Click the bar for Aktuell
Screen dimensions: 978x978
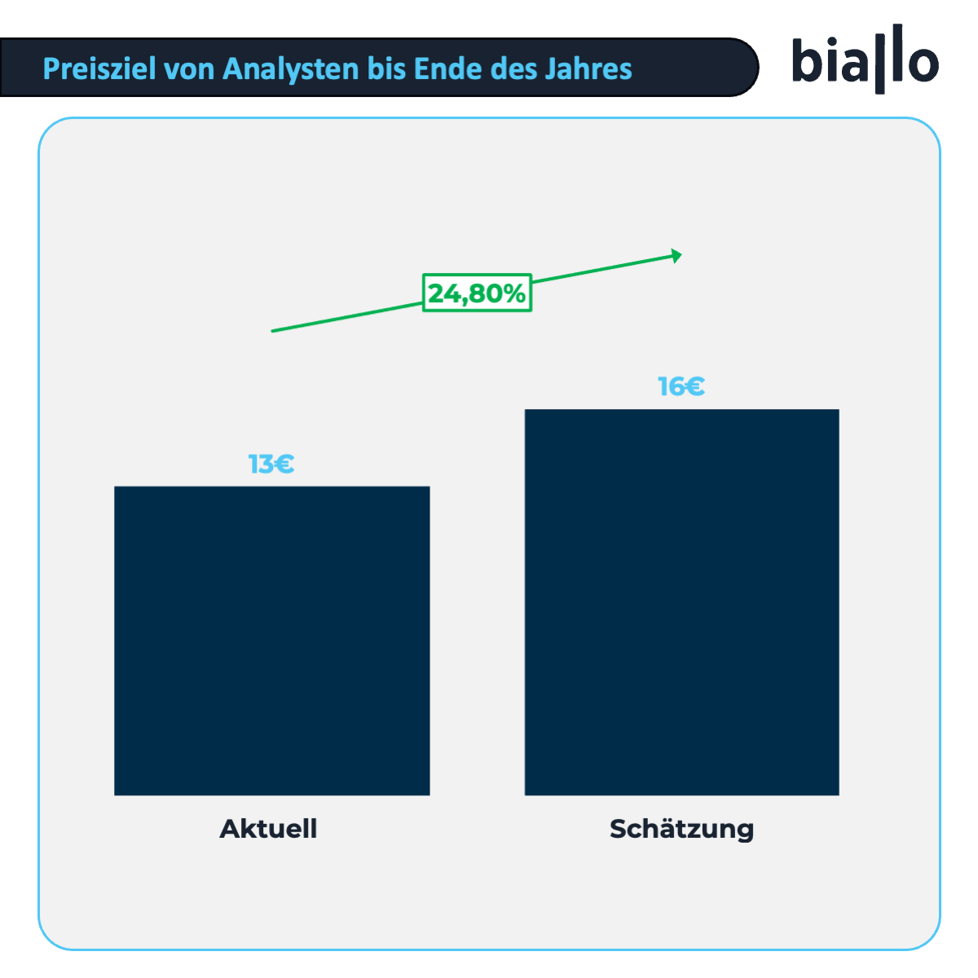[x=271, y=641]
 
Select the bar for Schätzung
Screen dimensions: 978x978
[x=681, y=601]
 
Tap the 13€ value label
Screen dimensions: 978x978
[x=271, y=465]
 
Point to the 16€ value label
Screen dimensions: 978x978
[x=681, y=386]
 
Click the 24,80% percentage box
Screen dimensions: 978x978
[x=477, y=293]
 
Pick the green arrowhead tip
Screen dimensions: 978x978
[x=679, y=256]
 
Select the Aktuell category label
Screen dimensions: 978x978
[x=268, y=829]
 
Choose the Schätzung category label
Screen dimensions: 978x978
[x=681, y=830]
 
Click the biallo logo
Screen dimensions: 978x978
[x=865, y=60]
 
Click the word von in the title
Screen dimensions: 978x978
[x=189, y=68]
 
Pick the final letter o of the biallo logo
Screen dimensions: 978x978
[x=922, y=64]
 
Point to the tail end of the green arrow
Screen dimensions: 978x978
[x=274, y=330]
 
